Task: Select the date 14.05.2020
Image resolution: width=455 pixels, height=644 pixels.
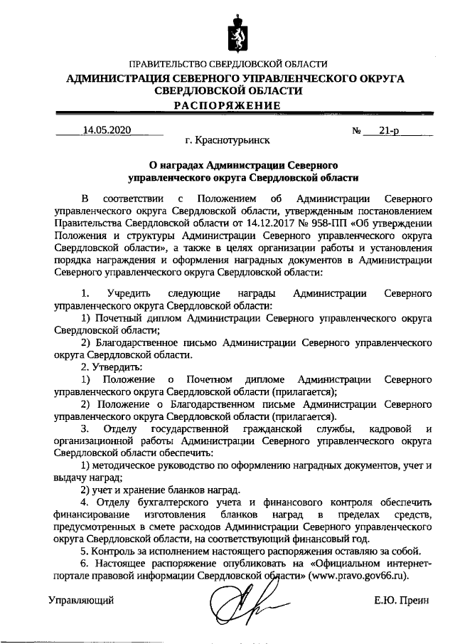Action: tap(107, 130)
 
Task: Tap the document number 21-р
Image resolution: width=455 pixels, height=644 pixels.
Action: tap(389, 130)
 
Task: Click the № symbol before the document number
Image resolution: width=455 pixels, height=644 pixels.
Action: tap(357, 131)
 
